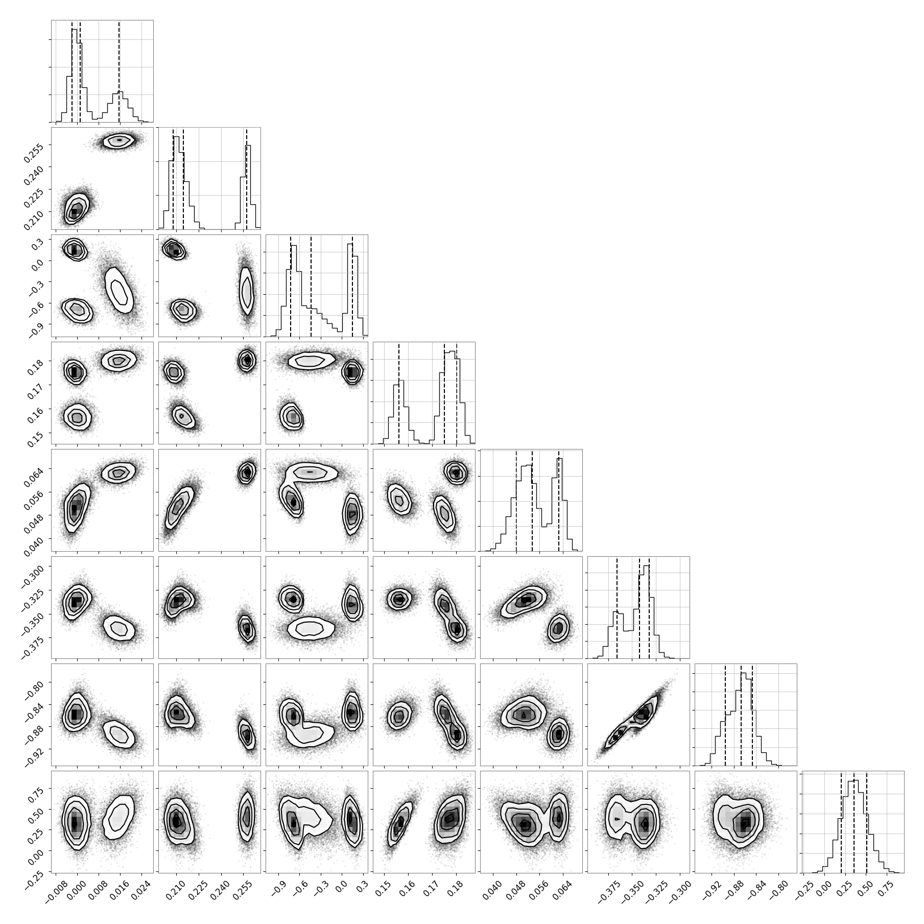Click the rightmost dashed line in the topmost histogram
point(119,72)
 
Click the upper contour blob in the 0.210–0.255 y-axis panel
point(119,139)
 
